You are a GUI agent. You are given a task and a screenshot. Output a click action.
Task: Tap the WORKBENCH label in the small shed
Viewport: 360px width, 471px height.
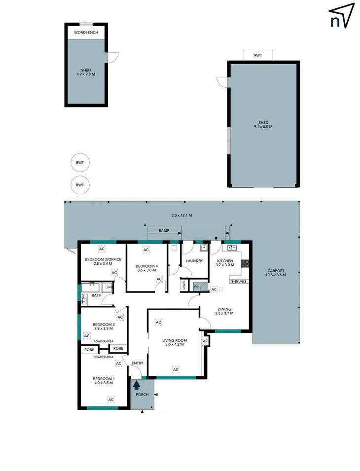86,33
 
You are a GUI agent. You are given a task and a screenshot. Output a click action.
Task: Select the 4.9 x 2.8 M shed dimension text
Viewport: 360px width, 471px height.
86,74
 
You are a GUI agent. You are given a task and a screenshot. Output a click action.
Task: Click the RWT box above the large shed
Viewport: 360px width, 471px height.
258,56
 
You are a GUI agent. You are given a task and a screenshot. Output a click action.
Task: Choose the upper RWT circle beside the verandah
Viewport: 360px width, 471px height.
80,162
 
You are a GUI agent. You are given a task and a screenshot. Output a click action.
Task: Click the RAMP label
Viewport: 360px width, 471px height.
164,230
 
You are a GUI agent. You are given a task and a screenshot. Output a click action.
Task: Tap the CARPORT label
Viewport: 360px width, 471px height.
276,271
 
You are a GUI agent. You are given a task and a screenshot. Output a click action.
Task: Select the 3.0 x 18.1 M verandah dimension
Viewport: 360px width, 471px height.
181,216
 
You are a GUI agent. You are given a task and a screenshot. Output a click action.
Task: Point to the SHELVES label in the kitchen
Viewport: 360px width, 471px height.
238,281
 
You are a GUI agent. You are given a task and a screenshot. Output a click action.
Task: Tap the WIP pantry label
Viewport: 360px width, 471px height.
196,287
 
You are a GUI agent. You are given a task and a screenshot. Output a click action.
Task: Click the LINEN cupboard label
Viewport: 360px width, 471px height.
183,286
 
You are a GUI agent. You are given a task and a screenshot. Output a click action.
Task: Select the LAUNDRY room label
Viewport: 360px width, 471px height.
194,261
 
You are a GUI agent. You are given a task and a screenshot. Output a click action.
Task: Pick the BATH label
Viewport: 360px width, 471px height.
96,296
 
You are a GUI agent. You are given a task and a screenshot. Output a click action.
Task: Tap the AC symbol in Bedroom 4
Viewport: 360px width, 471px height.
146,250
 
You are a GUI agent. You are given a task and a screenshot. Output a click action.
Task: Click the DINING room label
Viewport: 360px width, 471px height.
224,310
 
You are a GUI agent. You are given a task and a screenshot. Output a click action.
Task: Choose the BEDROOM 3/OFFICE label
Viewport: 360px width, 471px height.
103,259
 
